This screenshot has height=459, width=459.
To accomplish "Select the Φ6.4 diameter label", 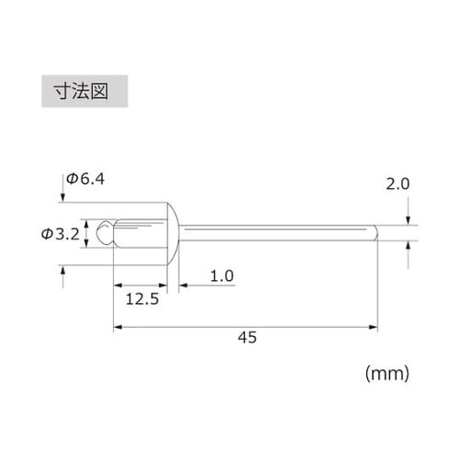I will [x=85, y=180].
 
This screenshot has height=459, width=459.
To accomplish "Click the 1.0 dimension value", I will [x=223, y=275].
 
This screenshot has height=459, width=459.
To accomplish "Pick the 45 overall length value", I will [x=246, y=337].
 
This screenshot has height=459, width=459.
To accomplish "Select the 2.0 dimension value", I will [x=397, y=184].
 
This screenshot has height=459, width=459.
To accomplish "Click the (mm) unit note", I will [x=386, y=374].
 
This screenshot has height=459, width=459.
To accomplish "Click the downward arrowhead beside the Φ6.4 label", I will [x=63, y=195].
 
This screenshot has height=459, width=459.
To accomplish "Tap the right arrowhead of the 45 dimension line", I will [x=374, y=325].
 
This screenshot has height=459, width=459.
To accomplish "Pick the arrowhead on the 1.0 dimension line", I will [x=184, y=285].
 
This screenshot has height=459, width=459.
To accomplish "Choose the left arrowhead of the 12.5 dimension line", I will [x=118, y=285].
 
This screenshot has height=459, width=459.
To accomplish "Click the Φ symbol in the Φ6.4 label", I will [x=72, y=180].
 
